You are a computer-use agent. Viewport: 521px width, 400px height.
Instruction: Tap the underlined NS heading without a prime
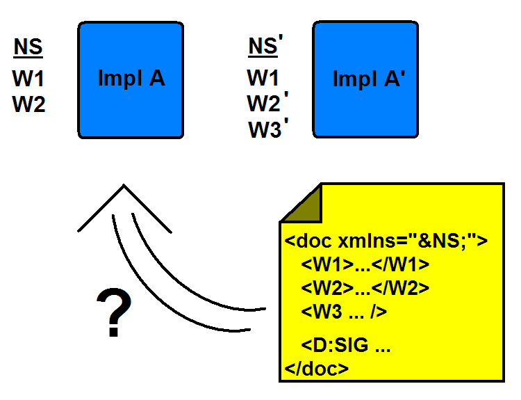point(28,47)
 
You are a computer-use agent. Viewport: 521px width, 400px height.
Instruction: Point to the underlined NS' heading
point(263,47)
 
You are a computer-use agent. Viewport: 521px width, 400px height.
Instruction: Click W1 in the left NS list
point(28,78)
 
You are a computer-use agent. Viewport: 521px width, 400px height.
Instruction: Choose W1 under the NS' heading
point(263,77)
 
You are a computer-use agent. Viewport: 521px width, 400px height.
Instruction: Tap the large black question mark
point(113,314)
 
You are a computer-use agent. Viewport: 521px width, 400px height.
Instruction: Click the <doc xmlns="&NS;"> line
point(386,241)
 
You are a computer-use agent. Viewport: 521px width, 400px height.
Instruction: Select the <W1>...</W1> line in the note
point(365,265)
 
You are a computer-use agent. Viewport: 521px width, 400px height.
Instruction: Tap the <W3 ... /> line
point(344,312)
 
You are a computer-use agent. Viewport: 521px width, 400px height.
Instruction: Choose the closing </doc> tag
point(317,368)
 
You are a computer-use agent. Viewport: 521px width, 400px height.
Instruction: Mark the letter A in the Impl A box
point(157,79)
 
